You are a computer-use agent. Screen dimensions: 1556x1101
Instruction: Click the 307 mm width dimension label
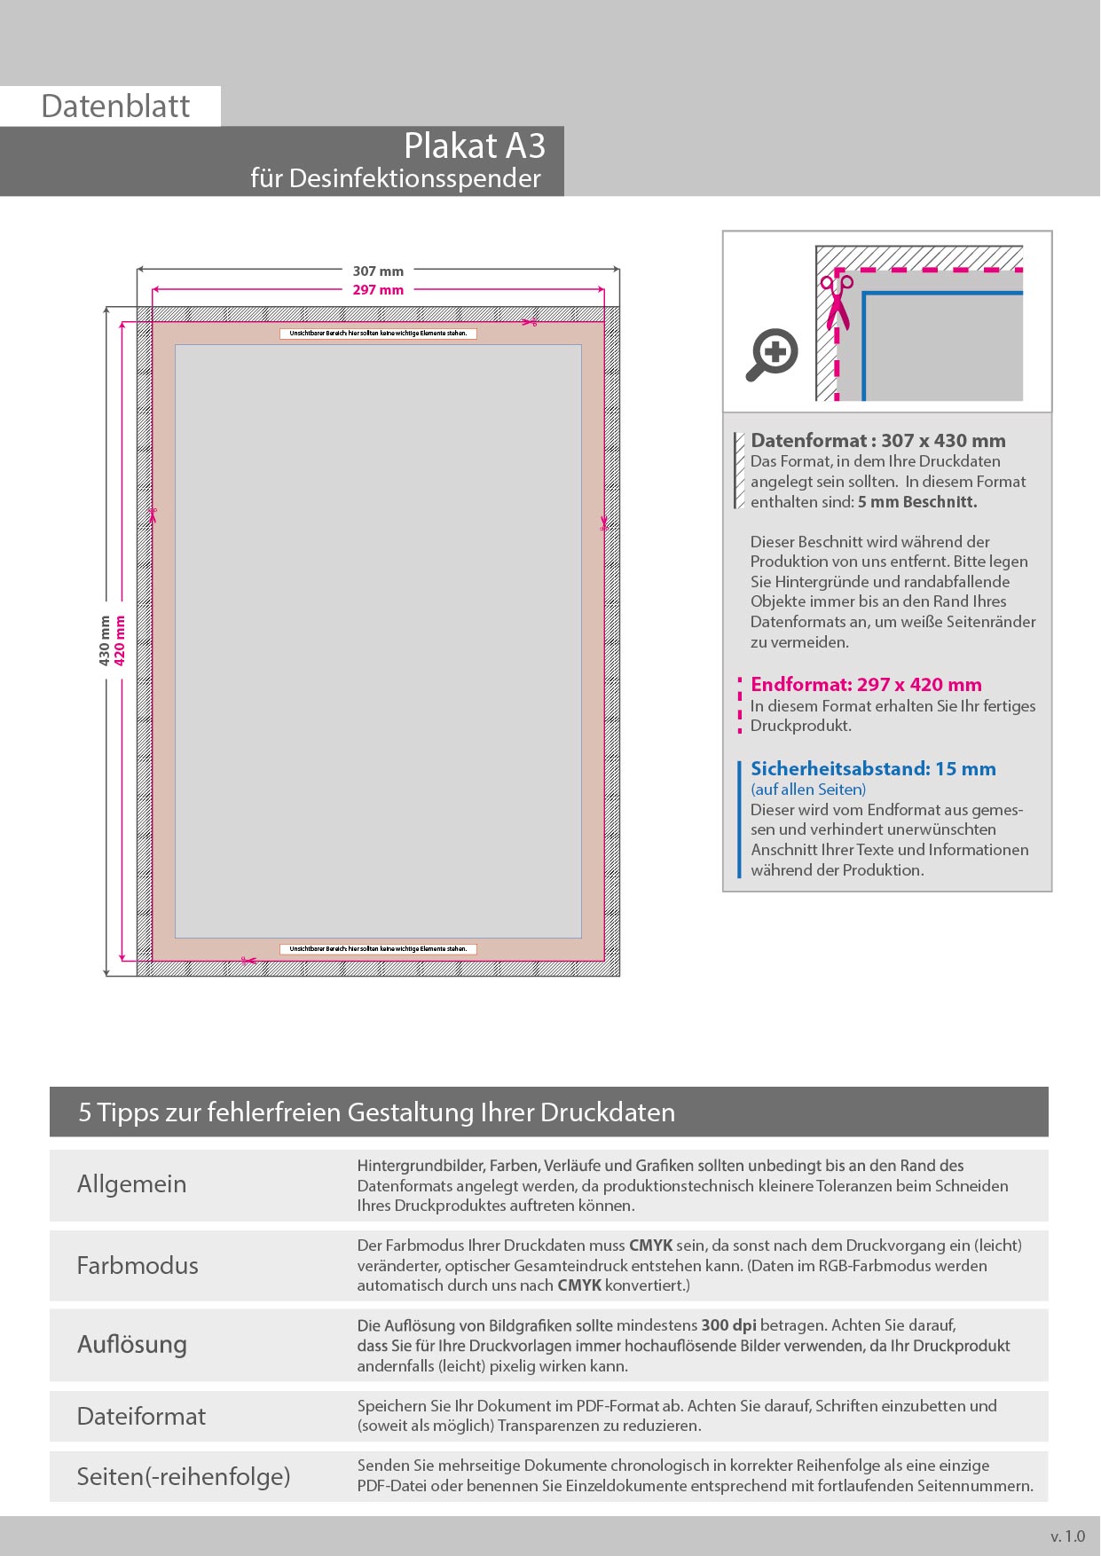(x=378, y=271)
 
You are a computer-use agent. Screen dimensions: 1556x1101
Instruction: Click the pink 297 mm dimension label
(x=378, y=290)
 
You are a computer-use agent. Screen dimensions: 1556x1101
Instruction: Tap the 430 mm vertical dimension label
(x=105, y=640)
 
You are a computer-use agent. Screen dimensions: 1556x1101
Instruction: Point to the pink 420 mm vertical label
(x=120, y=640)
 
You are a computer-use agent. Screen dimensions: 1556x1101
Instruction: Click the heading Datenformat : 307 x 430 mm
(x=877, y=441)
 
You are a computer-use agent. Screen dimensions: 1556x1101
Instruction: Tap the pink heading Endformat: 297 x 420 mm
(x=866, y=685)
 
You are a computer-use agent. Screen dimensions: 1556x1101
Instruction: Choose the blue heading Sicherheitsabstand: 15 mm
(x=873, y=769)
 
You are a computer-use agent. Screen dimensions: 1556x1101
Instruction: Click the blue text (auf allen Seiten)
(x=808, y=790)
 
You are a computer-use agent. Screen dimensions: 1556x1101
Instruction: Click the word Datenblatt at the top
(x=115, y=106)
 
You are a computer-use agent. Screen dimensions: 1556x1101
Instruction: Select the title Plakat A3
(x=474, y=146)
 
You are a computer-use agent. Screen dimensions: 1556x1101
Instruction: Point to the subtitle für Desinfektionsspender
(x=395, y=178)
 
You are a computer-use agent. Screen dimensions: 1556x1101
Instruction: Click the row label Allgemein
(x=131, y=1184)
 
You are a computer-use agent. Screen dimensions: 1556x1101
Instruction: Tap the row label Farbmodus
(x=138, y=1265)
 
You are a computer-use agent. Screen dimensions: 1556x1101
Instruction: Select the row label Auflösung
(x=132, y=1345)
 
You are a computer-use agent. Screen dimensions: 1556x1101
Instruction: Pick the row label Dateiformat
(x=141, y=1416)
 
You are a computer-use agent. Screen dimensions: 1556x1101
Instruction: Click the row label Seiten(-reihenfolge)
(x=184, y=1476)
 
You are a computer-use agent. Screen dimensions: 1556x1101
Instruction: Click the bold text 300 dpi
(x=728, y=1325)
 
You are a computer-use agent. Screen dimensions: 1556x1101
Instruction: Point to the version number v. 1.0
(x=1067, y=1536)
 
